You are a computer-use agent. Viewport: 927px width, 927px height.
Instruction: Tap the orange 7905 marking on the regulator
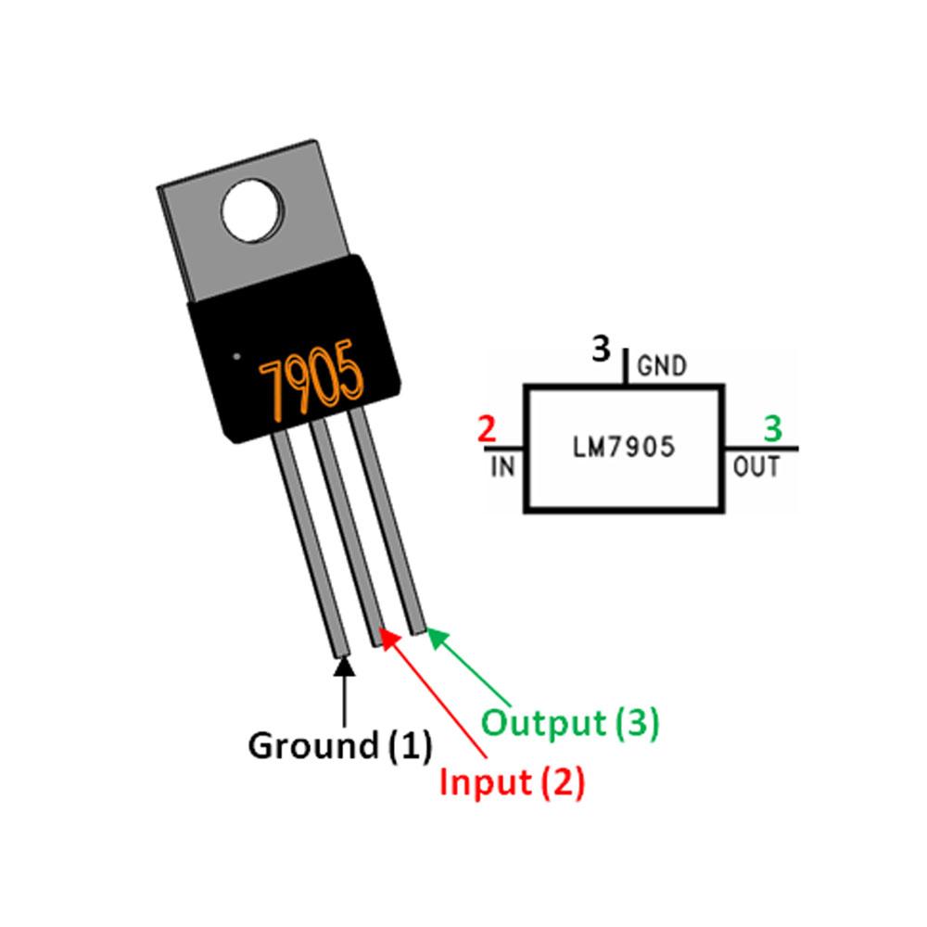(x=311, y=384)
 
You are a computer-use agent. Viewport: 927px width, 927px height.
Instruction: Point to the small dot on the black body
(x=237, y=354)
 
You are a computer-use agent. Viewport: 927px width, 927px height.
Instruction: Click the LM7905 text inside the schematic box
(x=623, y=449)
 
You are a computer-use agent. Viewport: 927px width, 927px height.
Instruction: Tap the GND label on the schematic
(x=662, y=367)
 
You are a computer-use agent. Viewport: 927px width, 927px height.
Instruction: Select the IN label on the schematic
(x=502, y=466)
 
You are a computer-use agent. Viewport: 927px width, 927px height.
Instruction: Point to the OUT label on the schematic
(x=756, y=466)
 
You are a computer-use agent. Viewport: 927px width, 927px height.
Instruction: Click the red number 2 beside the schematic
(x=485, y=430)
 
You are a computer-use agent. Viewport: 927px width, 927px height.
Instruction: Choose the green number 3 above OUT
(x=772, y=430)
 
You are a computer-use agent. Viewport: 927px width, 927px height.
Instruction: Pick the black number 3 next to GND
(x=602, y=350)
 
